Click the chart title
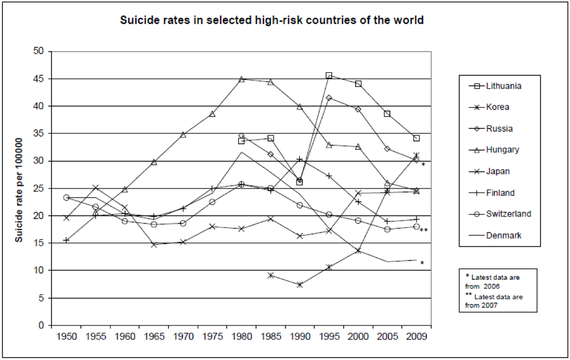[272, 21]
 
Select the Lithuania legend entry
[504, 86]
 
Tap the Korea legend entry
[498, 107]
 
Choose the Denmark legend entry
[504, 235]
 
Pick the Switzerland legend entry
[508, 214]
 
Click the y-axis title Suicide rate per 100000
[19, 189]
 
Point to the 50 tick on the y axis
[39, 51]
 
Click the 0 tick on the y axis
[42, 325]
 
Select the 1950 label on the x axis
[67, 337]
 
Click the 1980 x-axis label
[241, 337]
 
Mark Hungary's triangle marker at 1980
[241, 79]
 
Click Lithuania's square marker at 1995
[329, 75]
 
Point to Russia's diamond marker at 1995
[329, 98]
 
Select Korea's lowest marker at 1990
[300, 284]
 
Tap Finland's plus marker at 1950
[67, 240]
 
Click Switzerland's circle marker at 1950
[67, 198]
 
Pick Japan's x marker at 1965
[154, 244]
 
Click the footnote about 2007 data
[494, 301]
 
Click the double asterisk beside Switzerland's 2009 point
[424, 230]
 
